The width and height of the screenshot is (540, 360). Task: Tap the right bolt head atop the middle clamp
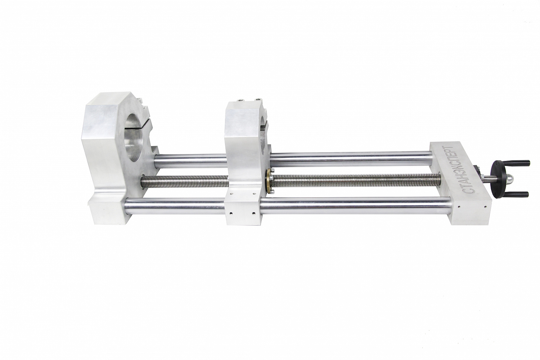(x=259, y=100)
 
